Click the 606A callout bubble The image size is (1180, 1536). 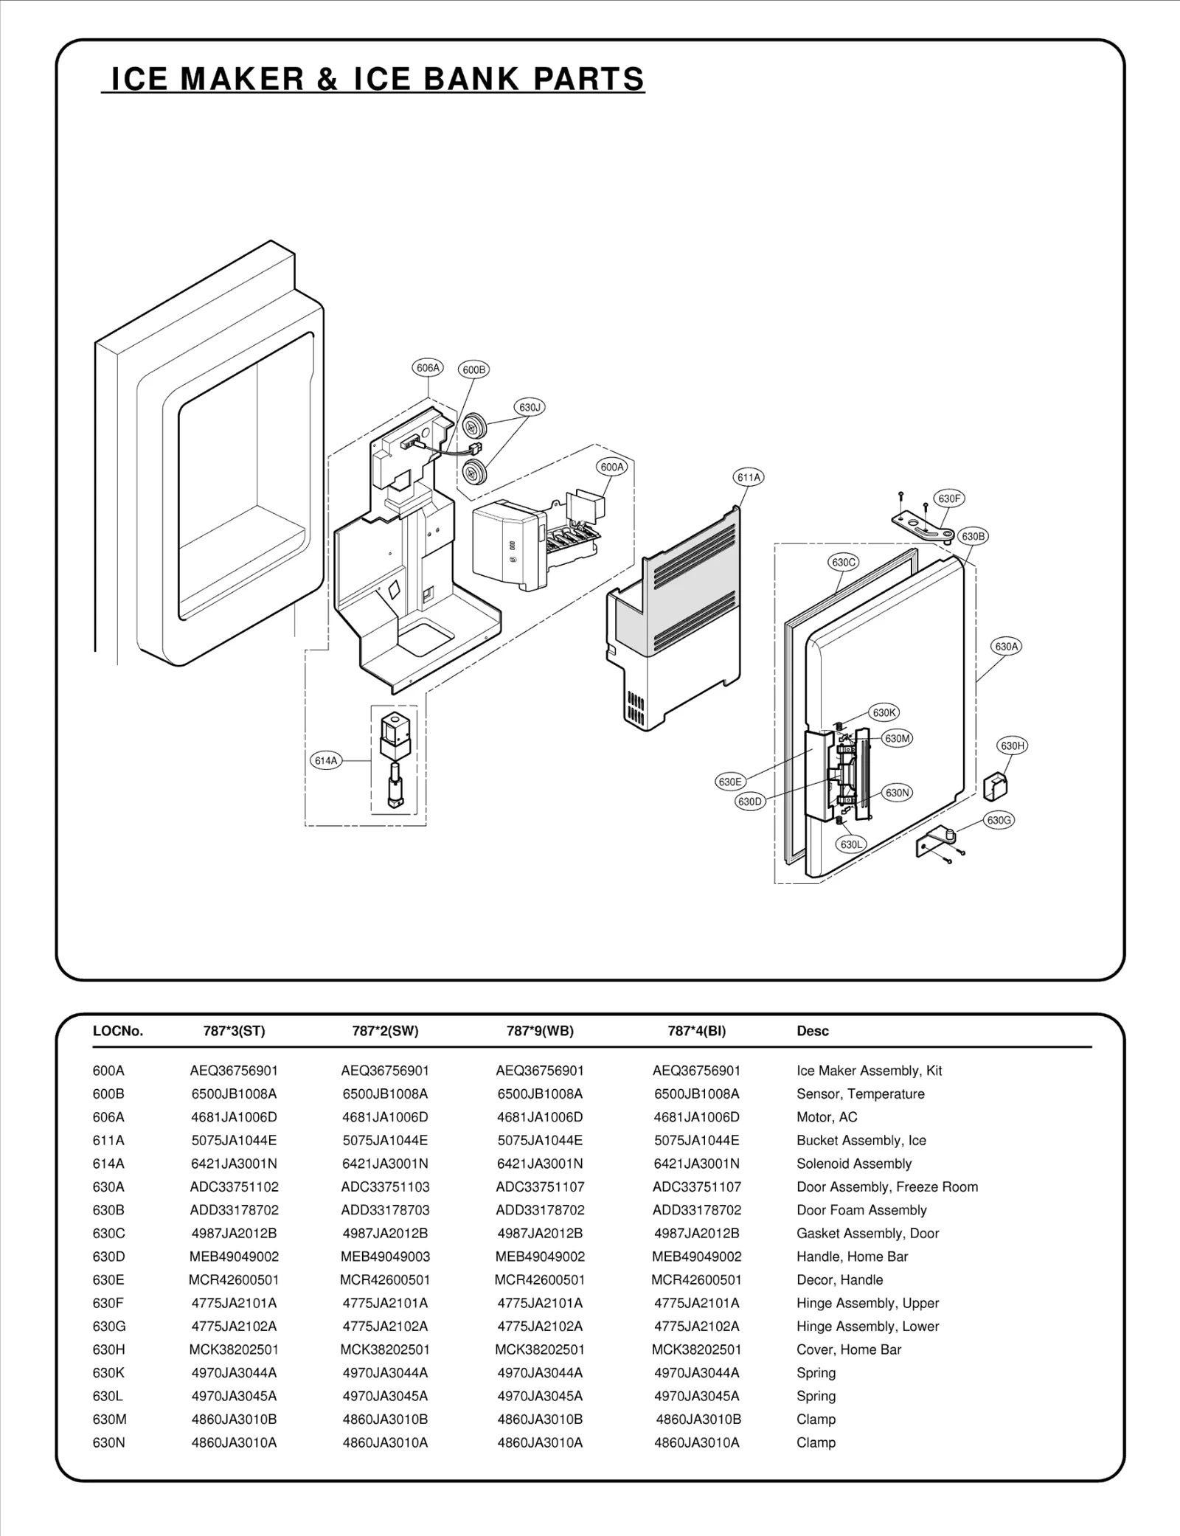(428, 367)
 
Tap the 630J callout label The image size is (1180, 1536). (529, 407)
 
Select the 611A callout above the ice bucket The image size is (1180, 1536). (749, 477)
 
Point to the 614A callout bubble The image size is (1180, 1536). (326, 760)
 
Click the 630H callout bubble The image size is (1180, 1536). (1013, 746)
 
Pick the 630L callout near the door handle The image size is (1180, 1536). (851, 844)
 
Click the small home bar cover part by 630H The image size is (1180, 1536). (996, 786)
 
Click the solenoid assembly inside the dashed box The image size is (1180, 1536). (395, 760)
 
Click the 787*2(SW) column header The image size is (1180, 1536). (385, 1031)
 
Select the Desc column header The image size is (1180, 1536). (812, 1031)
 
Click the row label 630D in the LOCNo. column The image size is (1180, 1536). (108, 1256)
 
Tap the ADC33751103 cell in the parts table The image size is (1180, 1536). (385, 1186)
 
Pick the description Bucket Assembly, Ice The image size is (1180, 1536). (861, 1140)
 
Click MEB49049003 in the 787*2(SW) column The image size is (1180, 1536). (385, 1256)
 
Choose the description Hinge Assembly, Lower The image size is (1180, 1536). (867, 1326)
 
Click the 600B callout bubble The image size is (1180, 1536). (473, 369)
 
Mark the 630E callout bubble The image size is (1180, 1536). (729, 782)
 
